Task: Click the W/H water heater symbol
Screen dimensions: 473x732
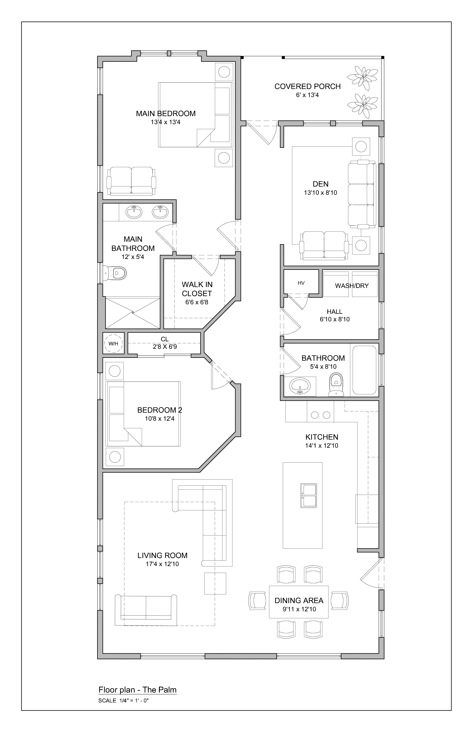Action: [113, 344]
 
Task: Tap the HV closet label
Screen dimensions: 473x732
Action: [301, 283]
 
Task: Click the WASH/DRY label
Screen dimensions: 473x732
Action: [352, 286]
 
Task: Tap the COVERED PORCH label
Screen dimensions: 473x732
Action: [307, 86]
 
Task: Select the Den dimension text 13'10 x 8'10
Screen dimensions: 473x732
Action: [320, 193]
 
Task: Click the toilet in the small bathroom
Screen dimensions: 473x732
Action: [336, 385]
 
